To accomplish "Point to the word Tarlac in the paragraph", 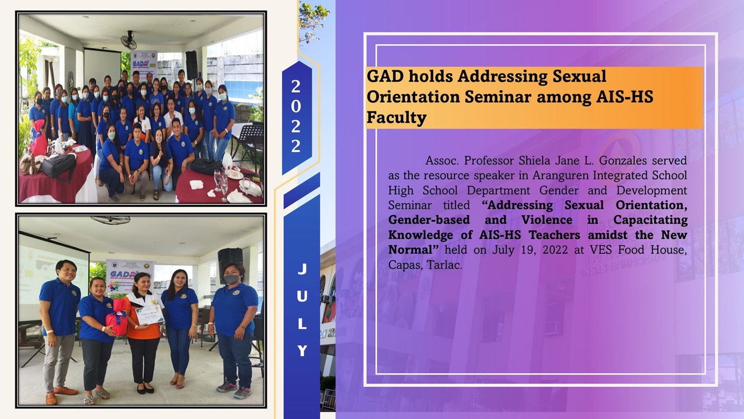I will (x=445, y=265).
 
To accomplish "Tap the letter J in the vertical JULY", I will (x=302, y=269).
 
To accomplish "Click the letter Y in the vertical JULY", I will (x=302, y=351).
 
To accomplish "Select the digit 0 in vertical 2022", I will (x=296, y=106).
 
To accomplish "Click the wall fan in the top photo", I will (x=128, y=40).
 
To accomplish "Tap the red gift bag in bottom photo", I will (x=117, y=320).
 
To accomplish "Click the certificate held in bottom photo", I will (x=148, y=314).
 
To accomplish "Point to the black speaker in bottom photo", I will (x=230, y=263).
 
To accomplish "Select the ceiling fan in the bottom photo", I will (x=110, y=220).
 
